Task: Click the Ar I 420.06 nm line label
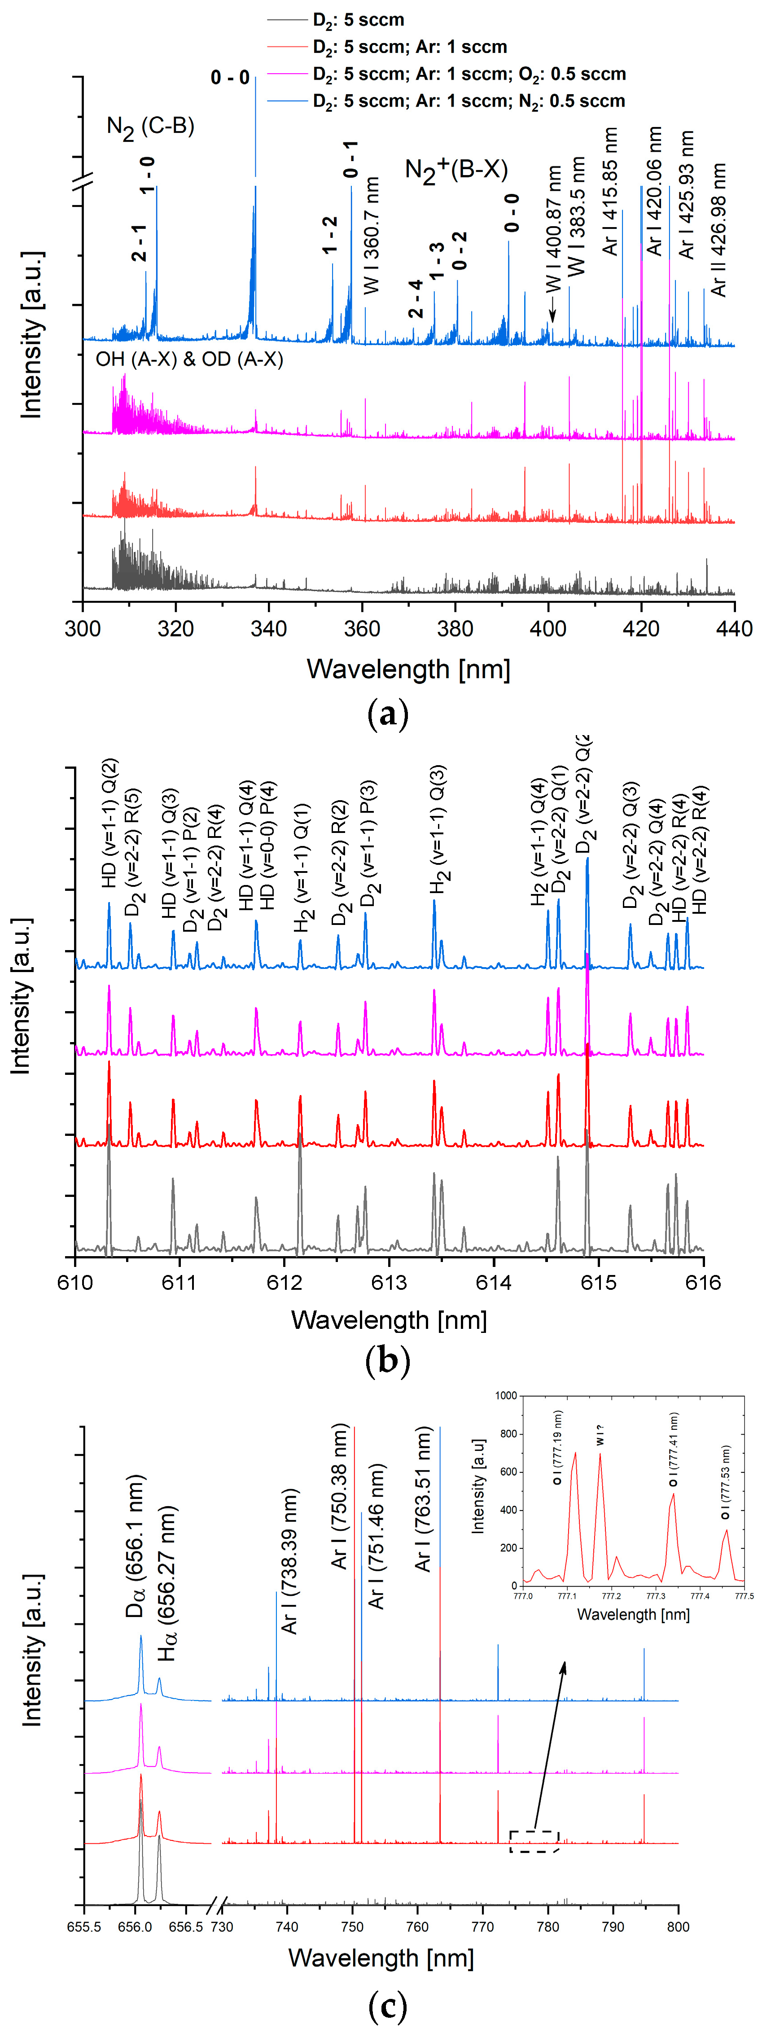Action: pos(654,191)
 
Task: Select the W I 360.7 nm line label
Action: pos(372,235)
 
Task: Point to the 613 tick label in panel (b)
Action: pos(389,1282)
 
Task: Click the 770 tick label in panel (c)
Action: pos(483,1927)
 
